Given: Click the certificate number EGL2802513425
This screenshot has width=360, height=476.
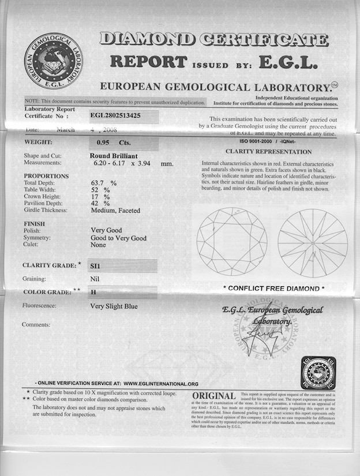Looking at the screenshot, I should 123,115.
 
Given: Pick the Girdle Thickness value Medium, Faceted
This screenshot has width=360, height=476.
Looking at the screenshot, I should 115,211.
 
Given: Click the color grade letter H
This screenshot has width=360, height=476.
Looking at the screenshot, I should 93,293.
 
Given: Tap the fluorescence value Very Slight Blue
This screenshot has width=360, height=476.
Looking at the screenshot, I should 114,306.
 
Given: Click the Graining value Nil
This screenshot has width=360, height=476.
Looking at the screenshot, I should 95,279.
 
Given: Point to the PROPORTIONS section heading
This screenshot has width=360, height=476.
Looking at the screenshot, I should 46,176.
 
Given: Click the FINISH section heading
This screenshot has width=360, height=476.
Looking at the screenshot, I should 34,223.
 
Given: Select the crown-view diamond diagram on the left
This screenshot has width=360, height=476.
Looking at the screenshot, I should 231,242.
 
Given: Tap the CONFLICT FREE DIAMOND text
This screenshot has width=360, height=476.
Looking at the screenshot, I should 273,288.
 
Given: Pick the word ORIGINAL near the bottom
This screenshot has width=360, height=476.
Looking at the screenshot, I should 213,396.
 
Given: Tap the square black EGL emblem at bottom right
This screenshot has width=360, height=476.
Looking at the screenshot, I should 318,373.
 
